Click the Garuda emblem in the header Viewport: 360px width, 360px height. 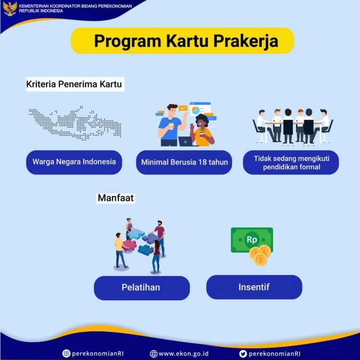tap(9, 8)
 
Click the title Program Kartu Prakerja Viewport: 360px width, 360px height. tap(182, 41)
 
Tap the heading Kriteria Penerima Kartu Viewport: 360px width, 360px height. tap(74, 85)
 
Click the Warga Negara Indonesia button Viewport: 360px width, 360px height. tap(74, 162)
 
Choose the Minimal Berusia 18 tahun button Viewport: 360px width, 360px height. tap(184, 162)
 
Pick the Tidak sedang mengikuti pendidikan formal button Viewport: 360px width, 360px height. tap(291, 162)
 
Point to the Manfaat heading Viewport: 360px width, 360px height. tap(116, 198)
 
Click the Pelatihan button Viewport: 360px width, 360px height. tap(141, 287)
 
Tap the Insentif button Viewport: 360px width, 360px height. tap(254, 287)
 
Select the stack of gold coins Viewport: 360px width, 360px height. tap(260, 255)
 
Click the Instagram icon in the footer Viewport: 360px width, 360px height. tap(66, 353)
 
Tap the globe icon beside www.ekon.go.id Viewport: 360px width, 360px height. tap(153, 353)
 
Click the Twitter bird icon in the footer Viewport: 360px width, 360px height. tap(243, 353)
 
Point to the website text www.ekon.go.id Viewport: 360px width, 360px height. tap(183, 353)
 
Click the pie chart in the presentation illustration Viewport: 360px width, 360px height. tap(195, 111)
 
